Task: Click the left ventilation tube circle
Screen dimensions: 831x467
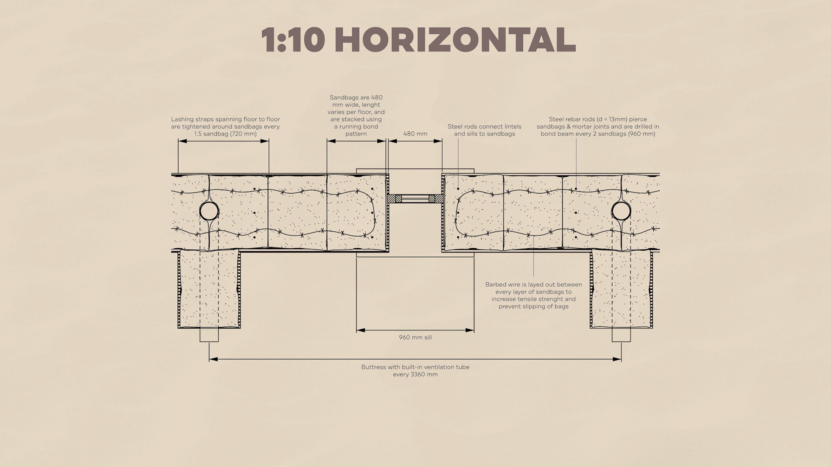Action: (209, 211)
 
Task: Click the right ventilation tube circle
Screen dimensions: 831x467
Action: (621, 211)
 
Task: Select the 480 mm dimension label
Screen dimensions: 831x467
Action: (415, 134)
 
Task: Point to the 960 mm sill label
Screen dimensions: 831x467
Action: (415, 337)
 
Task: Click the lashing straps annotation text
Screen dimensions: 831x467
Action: (225, 126)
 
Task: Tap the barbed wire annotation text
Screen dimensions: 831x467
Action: (534, 295)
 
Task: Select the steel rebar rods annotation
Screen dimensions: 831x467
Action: (598, 126)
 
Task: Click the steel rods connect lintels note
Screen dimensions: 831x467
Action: (484, 130)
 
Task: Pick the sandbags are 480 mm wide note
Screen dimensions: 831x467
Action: (356, 115)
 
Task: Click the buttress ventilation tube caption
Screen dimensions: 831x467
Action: (415, 371)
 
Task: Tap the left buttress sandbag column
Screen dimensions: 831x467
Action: (209, 289)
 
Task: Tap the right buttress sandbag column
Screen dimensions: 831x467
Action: (621, 289)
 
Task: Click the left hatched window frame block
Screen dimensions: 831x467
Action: (394, 198)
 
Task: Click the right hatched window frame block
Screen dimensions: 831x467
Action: (436, 198)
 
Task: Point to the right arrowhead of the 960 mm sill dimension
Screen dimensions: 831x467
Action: (470, 330)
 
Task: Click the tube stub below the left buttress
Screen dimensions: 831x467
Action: (209, 335)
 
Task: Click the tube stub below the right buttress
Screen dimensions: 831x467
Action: (621, 335)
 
